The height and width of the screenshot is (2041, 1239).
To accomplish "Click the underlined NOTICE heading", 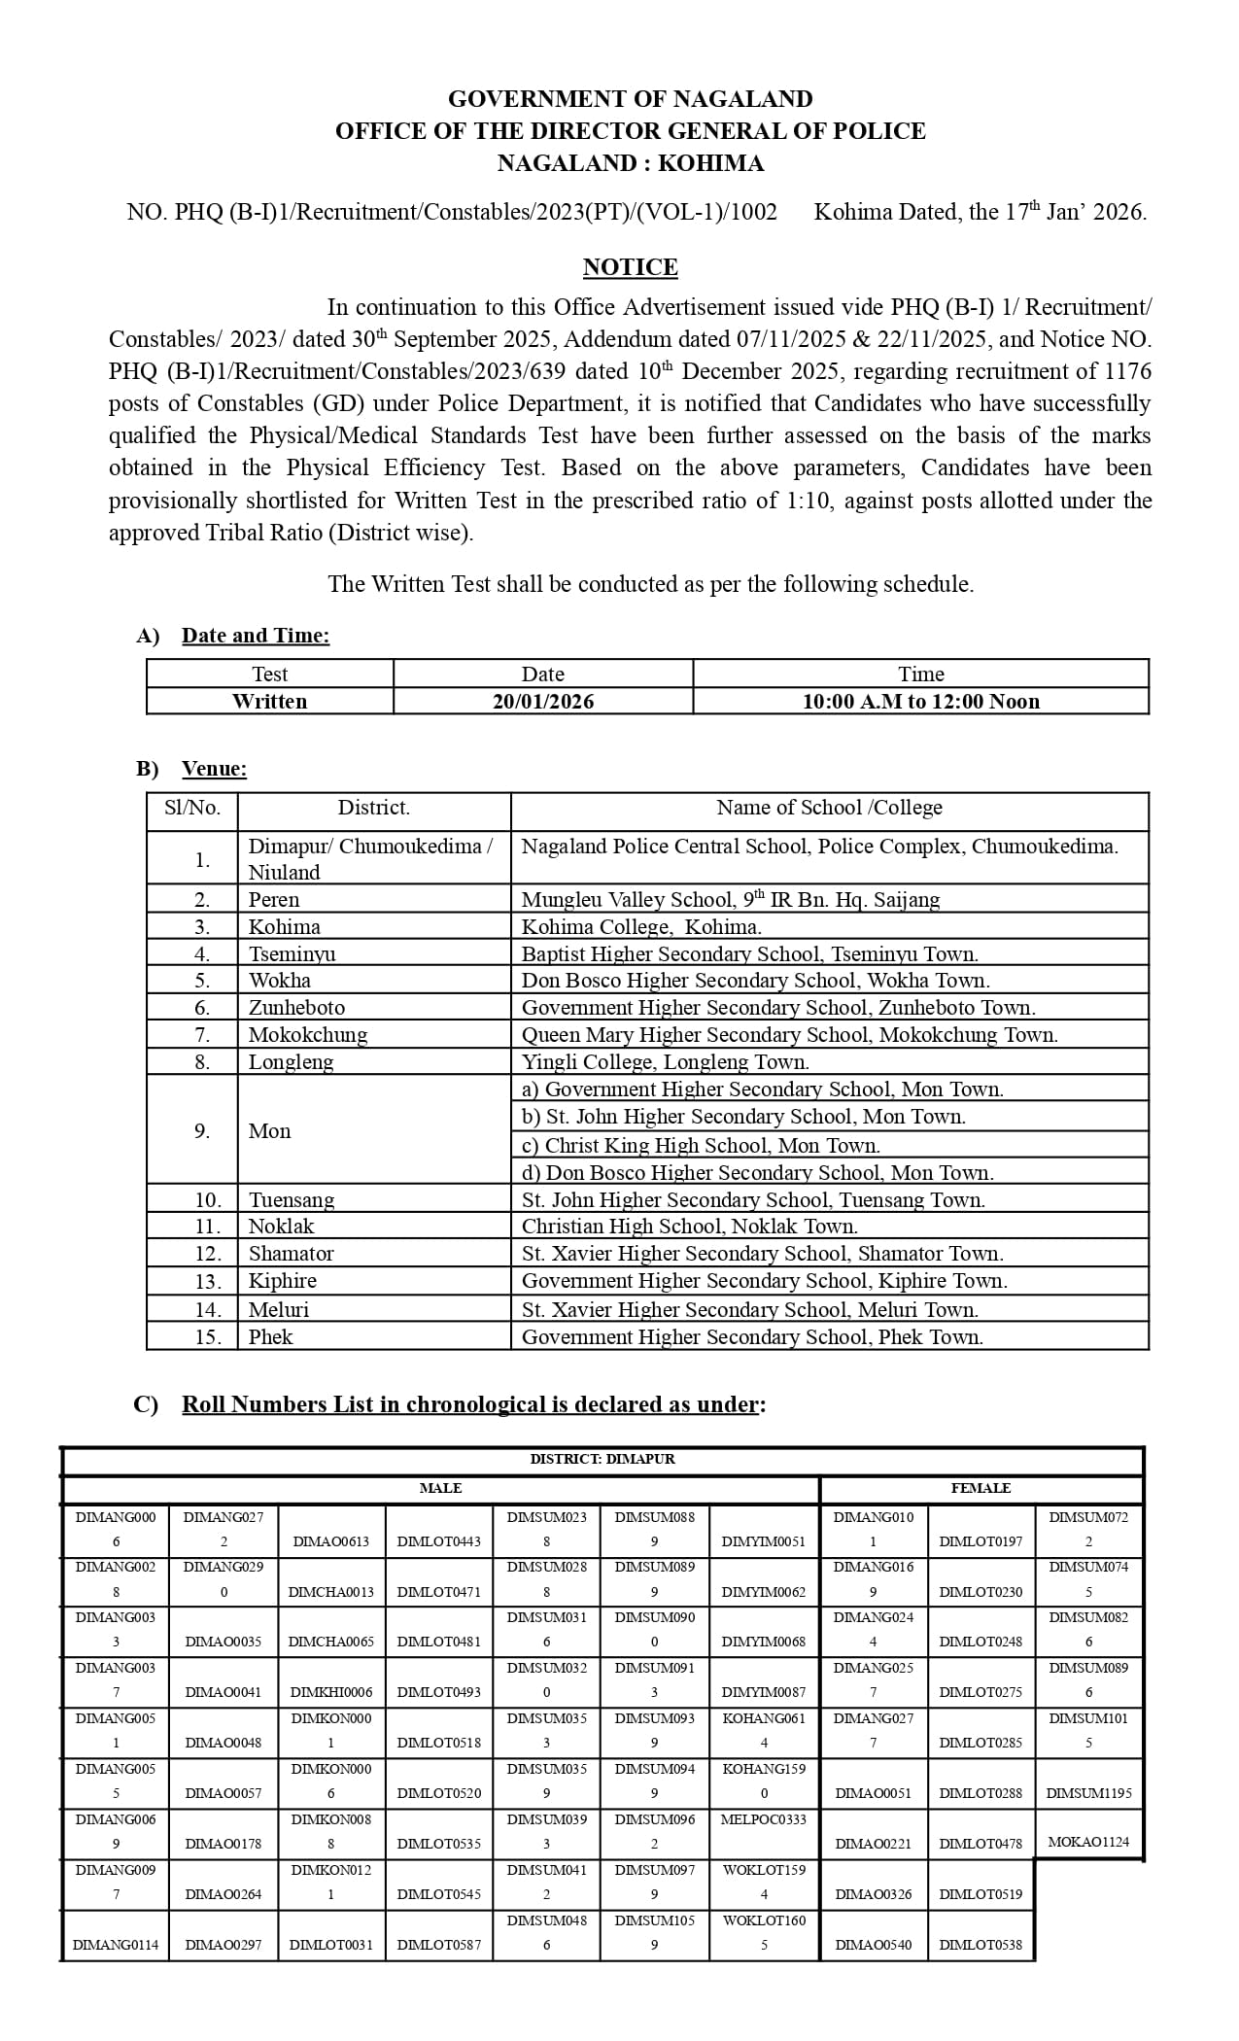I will tap(630, 267).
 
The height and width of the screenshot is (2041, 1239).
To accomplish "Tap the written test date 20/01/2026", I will tap(542, 702).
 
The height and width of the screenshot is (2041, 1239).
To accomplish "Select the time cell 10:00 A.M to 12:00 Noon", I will tap(920, 702).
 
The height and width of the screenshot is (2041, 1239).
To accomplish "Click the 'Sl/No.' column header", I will tap(192, 808).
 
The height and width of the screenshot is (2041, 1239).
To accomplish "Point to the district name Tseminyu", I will tap(292, 954).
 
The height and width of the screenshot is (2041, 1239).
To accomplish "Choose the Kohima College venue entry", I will tap(641, 927).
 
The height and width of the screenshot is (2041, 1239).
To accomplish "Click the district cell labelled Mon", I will tap(269, 1131).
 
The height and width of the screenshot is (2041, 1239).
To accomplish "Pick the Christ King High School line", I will tap(701, 1145).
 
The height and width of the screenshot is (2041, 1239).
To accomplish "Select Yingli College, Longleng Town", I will tap(665, 1062).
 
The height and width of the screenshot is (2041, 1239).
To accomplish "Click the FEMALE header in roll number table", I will tap(981, 1488).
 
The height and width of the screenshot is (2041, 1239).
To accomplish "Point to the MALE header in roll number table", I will tap(440, 1488).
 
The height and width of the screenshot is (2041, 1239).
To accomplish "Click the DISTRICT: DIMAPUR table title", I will tap(602, 1459).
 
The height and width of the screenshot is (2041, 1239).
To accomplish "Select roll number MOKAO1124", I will tap(1088, 1842).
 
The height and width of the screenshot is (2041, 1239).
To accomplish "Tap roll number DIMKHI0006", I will tap(331, 1692).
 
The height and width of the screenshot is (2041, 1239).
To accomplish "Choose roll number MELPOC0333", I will tap(764, 1819).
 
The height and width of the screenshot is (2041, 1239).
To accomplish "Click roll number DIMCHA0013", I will tap(331, 1592).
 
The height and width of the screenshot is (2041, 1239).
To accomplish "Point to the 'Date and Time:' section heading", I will tap(256, 636).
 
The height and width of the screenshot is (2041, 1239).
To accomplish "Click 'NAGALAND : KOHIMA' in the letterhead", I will tap(630, 163).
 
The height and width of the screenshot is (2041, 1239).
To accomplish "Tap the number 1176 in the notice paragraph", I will tap(1127, 371).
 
